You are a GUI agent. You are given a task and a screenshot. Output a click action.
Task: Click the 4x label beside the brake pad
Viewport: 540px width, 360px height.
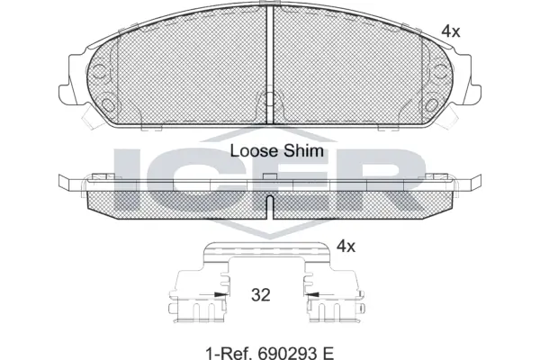[x=450, y=31]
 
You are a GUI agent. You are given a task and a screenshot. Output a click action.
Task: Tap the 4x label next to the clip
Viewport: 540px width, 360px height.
[x=346, y=245]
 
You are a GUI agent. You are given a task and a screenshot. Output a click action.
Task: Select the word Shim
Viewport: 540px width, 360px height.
[x=302, y=150]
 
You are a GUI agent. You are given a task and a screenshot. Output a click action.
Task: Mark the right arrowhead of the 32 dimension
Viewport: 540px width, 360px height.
[x=311, y=293]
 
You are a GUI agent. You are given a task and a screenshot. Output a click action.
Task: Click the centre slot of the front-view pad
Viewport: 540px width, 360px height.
[x=269, y=54]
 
